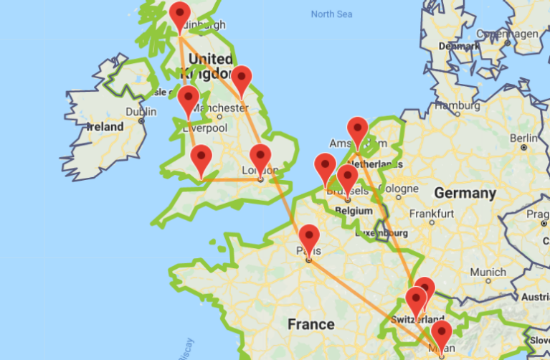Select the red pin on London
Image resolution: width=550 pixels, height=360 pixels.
260,157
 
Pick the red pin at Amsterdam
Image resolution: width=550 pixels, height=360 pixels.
357,131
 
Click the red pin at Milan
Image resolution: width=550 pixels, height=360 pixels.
440,333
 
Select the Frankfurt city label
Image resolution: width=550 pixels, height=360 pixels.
432,214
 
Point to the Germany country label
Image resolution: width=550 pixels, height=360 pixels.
465,193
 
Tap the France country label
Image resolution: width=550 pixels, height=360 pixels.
310,324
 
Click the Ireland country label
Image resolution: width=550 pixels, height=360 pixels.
104,126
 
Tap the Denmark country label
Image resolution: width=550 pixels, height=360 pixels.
460,44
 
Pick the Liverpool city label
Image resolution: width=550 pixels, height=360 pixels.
207,128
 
